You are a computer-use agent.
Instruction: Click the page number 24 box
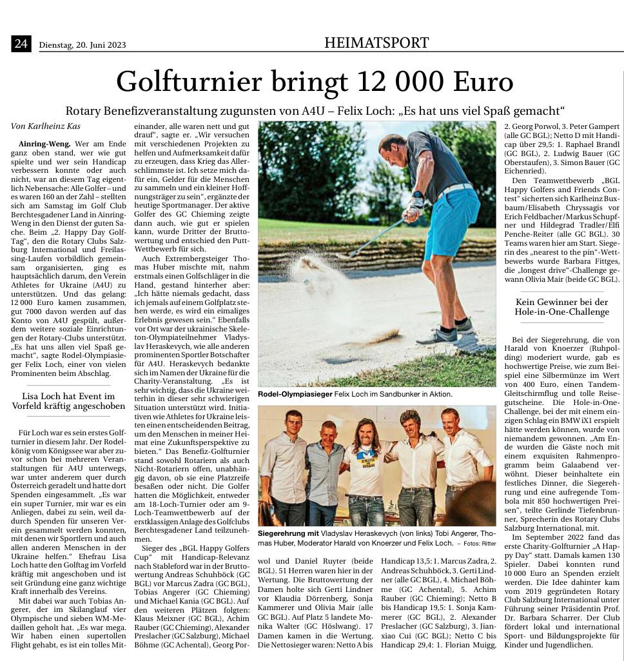21,44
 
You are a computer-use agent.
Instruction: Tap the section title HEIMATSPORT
376,43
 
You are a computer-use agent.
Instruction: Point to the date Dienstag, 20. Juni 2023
82,45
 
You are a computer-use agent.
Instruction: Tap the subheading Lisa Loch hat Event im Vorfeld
68,401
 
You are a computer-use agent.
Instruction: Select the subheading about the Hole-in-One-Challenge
561,307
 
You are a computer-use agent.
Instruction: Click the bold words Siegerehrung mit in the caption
289,534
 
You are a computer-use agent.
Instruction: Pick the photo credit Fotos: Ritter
478,544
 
